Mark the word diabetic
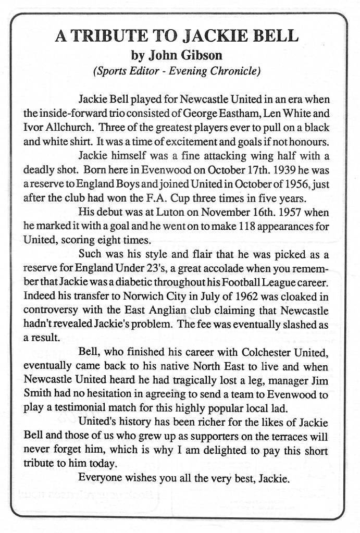pos(136,284)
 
